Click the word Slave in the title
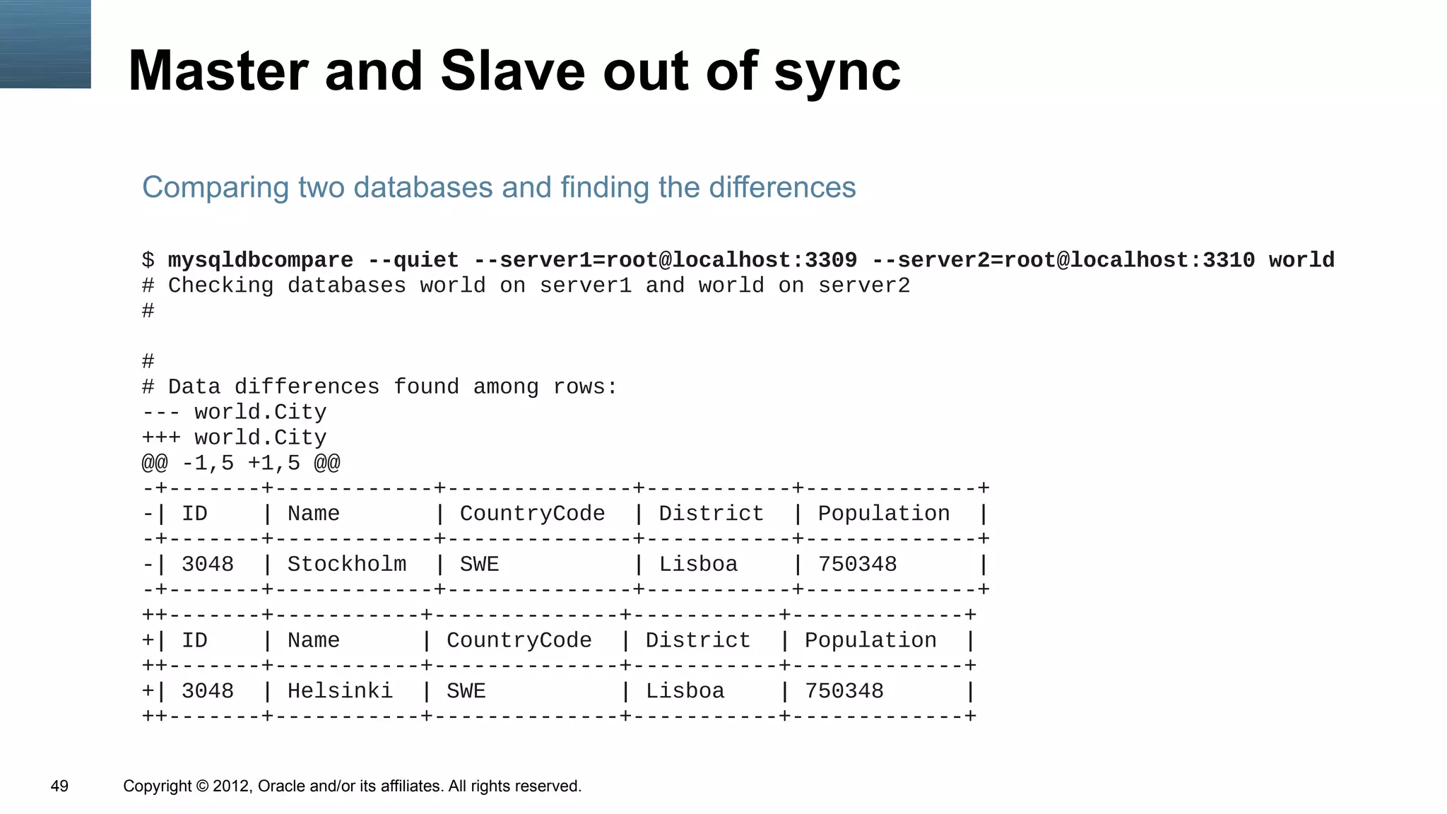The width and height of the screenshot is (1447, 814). (x=513, y=71)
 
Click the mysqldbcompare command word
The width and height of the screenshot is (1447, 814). (x=260, y=260)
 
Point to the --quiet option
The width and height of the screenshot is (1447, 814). (x=413, y=260)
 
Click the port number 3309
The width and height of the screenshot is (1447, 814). (x=831, y=260)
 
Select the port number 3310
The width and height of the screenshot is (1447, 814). (x=1229, y=260)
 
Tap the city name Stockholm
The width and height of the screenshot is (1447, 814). (x=347, y=564)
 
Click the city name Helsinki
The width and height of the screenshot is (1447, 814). (x=340, y=690)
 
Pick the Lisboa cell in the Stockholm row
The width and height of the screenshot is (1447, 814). (x=698, y=564)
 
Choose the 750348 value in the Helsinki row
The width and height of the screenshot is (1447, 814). (x=844, y=690)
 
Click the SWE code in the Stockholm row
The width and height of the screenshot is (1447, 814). (x=479, y=564)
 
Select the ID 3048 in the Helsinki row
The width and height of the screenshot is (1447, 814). (x=208, y=690)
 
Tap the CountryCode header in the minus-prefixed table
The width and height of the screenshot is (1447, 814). (x=532, y=513)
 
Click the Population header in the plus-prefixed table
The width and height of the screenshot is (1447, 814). (x=870, y=640)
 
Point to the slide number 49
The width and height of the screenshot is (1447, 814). (x=59, y=786)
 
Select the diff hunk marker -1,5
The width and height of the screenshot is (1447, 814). (x=208, y=464)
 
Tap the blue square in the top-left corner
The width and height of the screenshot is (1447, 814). (x=45, y=44)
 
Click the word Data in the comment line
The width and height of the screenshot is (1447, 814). (x=194, y=387)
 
